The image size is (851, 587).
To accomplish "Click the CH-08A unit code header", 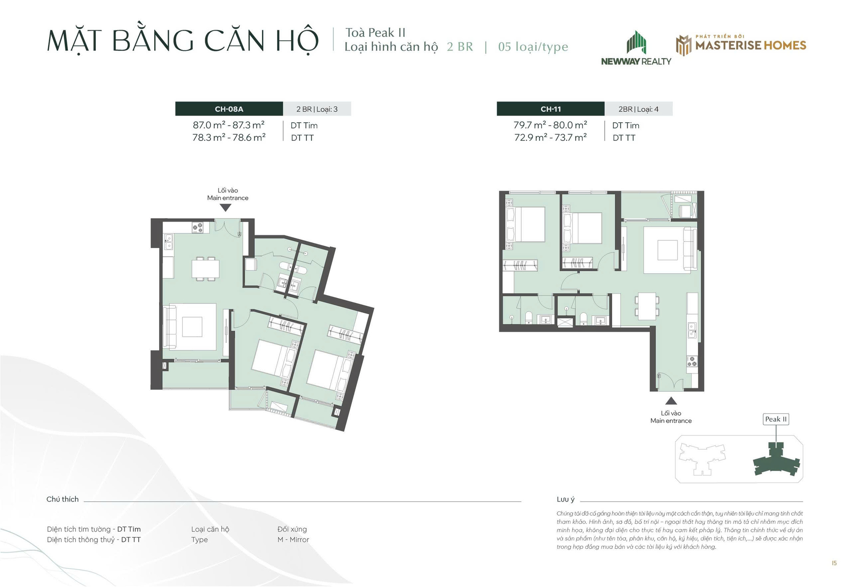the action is [x=229, y=109].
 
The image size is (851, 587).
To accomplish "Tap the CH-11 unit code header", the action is [x=550, y=109].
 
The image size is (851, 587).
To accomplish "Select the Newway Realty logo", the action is [x=636, y=48].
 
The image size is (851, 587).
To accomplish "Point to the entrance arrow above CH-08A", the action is [x=226, y=207].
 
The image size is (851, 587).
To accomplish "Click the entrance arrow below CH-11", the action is [x=671, y=401].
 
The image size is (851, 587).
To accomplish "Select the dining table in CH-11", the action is [x=647, y=306].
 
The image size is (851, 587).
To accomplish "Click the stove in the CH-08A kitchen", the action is [x=198, y=228].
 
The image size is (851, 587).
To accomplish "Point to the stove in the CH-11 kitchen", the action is [x=692, y=362].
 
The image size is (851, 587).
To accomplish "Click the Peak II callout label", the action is [x=776, y=419].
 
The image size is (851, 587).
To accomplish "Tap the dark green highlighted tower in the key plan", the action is [x=777, y=460].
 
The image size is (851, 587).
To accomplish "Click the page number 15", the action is [x=834, y=564].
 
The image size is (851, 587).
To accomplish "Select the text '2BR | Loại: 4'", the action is [x=639, y=109].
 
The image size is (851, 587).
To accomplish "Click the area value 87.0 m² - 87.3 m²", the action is [x=229, y=125].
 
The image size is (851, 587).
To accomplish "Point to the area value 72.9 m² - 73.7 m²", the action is [x=550, y=138].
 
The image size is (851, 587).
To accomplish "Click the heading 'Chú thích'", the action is [x=62, y=499].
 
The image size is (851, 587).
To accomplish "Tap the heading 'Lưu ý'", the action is [x=566, y=500].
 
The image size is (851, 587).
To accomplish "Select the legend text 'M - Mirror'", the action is [x=293, y=540].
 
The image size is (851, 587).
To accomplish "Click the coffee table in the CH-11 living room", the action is [x=668, y=250].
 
